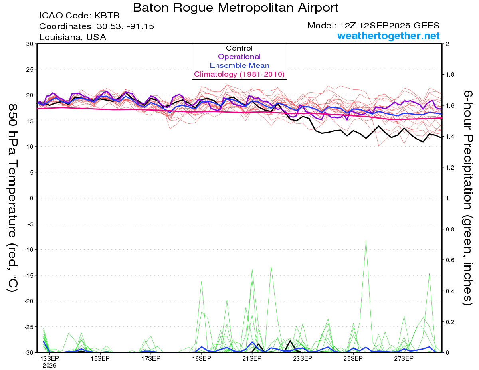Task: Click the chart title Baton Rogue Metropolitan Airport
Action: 236,8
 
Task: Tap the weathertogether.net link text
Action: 388,36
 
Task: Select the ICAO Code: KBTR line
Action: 79,16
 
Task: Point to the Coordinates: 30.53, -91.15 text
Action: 97,26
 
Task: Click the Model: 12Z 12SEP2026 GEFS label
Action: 373,26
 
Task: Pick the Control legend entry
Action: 239,48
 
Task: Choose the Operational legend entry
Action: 239,57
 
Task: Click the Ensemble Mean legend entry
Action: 239,65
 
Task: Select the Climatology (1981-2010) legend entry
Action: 239,74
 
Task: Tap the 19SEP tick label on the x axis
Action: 202,359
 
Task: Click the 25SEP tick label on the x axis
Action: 353,359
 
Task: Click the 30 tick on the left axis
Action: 30,44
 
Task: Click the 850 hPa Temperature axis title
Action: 12,198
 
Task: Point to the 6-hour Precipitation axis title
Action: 467,198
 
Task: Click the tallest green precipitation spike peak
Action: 366,240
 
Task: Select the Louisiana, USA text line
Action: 73,37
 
